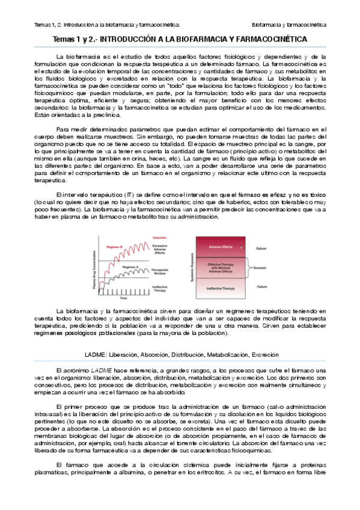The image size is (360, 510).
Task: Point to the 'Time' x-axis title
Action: [x=123, y=298]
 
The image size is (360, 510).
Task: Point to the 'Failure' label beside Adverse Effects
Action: [x=262, y=247]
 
